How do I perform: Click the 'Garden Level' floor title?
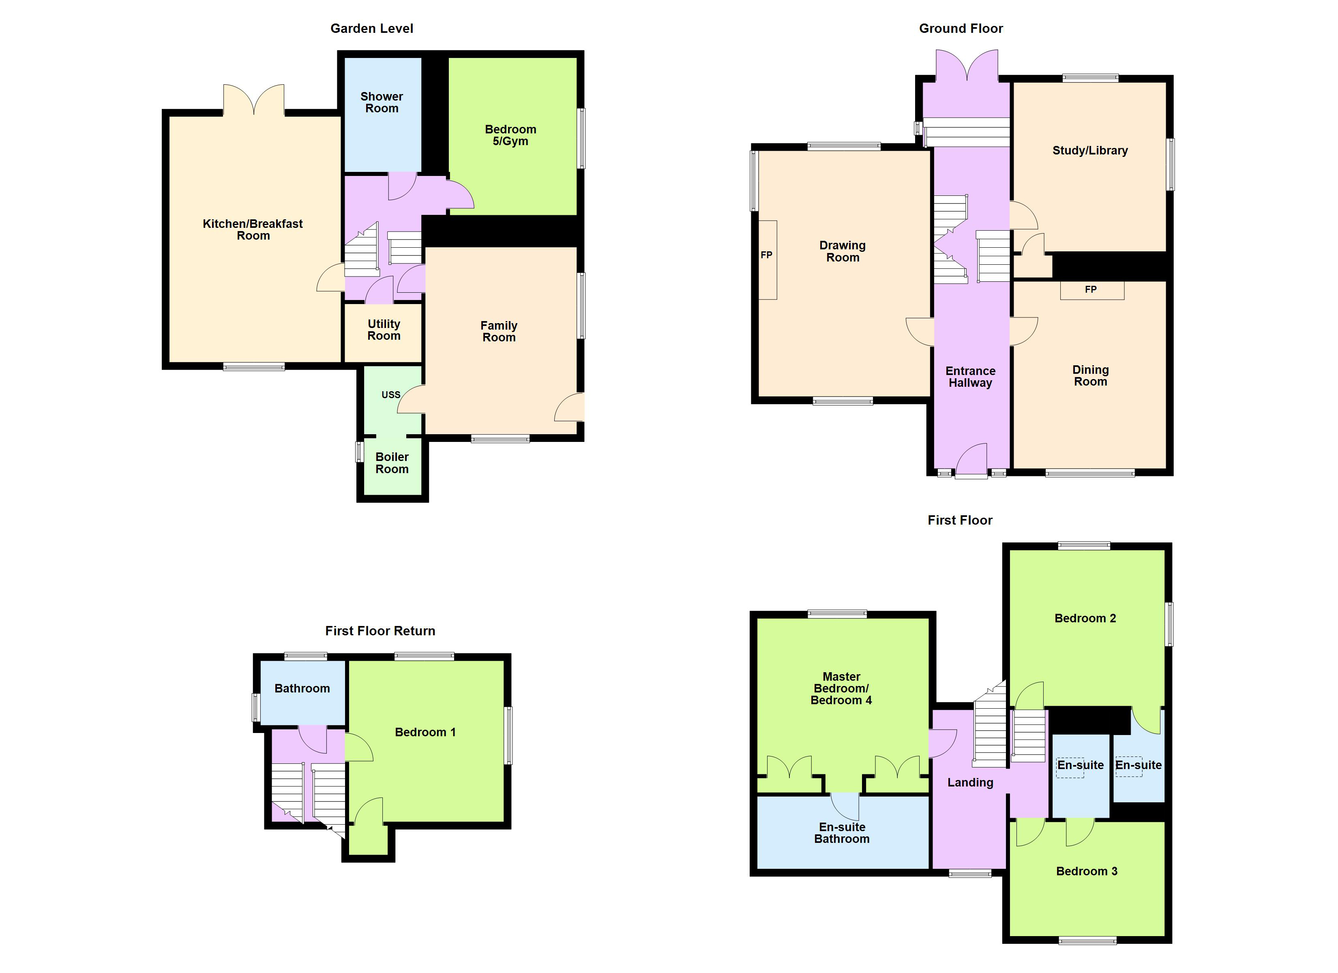coord(372,28)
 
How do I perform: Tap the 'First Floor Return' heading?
coord(380,631)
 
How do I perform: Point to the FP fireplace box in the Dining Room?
coord(1092,290)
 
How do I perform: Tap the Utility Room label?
coord(384,330)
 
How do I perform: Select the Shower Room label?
coord(382,102)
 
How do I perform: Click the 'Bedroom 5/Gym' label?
coord(511,135)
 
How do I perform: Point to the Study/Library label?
coord(1090,150)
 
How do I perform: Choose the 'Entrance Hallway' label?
coord(971,377)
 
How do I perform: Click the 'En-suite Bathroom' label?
coord(842,833)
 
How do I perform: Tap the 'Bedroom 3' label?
coord(1087,871)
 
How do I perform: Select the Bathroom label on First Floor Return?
coord(302,688)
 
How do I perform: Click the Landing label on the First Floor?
coord(971,782)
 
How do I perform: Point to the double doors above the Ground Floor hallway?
coord(967,65)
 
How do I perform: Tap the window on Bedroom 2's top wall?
coord(1084,546)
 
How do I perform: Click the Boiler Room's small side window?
coord(359,452)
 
